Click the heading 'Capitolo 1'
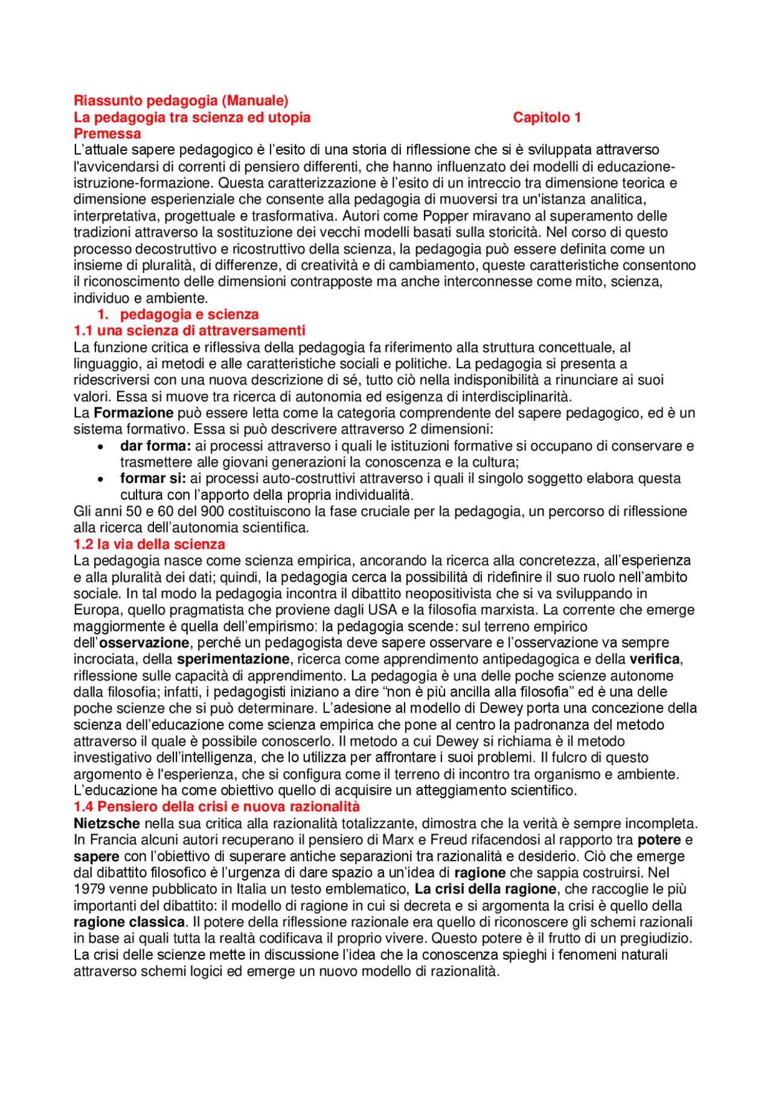(x=547, y=117)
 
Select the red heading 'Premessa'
(x=107, y=133)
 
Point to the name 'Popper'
(x=445, y=216)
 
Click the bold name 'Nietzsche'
(x=107, y=823)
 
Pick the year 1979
(x=89, y=889)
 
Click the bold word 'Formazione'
(x=133, y=413)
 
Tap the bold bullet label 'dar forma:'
(x=155, y=446)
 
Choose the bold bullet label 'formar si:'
(x=153, y=479)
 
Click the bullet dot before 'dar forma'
(x=101, y=447)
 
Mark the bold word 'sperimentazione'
(x=233, y=659)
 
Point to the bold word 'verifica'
(x=655, y=659)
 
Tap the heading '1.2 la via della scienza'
(x=149, y=544)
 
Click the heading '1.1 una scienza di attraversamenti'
(x=189, y=331)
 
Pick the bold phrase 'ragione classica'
(x=129, y=922)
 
